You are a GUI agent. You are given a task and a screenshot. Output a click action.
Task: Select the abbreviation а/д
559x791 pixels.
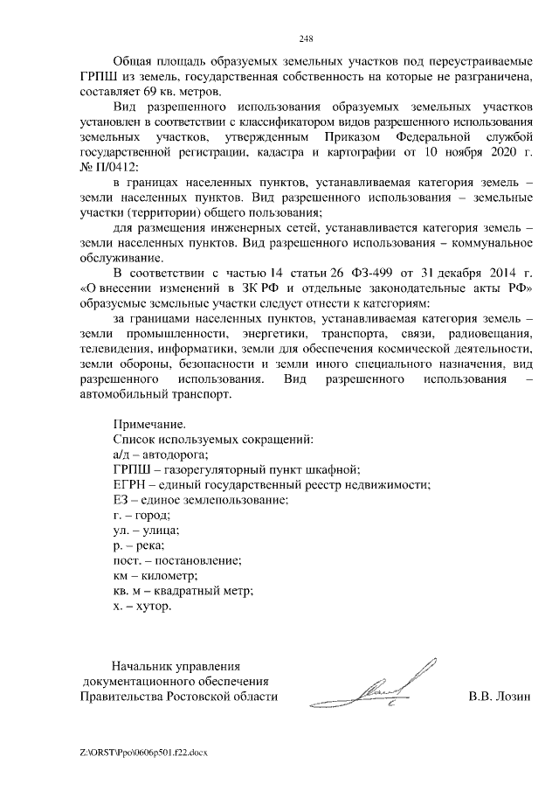pos(124,454)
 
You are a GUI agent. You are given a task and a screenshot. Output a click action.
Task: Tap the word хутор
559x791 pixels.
pos(154,605)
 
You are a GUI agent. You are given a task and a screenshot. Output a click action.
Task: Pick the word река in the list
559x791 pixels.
pos(146,545)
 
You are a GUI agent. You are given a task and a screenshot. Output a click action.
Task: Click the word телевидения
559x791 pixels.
pos(119,348)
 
